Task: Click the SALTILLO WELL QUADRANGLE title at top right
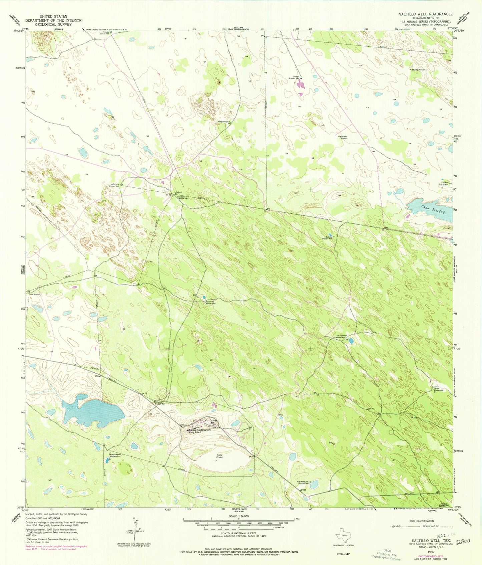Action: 426,14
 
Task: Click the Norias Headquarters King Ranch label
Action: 200,431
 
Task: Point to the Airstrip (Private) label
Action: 218,457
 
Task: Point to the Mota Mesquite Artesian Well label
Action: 303,482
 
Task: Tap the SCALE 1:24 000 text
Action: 238,516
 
